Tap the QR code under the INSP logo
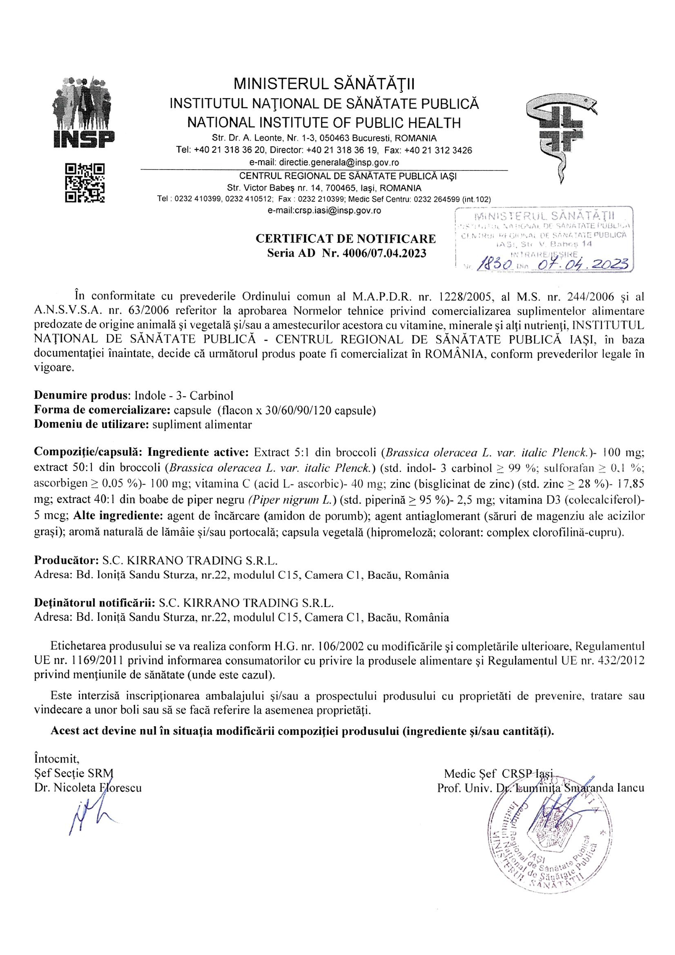(85, 183)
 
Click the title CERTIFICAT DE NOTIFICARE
(346, 239)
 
